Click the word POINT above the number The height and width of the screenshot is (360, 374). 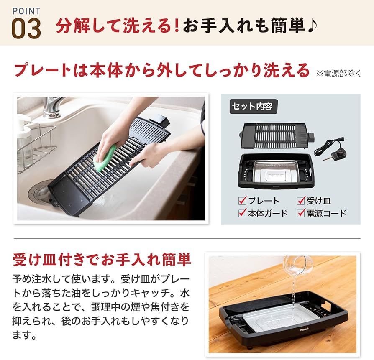[x=26, y=10]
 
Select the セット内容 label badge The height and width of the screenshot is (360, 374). [x=254, y=106]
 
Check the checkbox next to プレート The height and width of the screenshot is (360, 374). [x=242, y=201]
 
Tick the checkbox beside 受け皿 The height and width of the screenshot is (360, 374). [x=301, y=201]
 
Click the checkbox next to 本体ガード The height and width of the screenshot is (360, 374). [x=242, y=213]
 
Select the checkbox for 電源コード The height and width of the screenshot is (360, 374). [x=301, y=213]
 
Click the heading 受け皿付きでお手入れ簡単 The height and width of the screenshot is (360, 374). [x=102, y=260]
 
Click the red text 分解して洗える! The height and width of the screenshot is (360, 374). [x=118, y=26]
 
